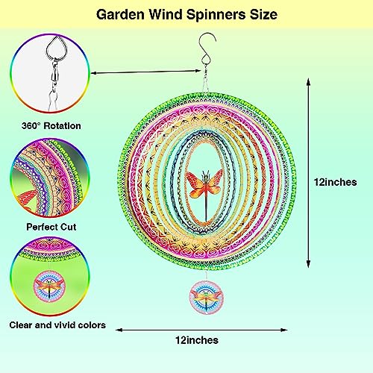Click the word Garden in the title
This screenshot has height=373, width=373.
coord(120,14)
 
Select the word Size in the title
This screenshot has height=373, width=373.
coord(263,14)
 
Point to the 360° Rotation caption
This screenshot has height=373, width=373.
coord(51,125)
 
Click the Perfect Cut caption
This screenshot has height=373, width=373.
coord(51,227)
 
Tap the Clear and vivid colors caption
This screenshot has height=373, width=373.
coord(57,325)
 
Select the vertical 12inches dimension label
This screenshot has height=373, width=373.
coord(335,182)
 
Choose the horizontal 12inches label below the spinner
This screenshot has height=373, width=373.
coord(197,340)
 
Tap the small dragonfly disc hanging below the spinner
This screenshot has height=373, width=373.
coord(207,298)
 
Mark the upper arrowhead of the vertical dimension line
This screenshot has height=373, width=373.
coord(308,82)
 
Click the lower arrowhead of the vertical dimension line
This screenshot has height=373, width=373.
coord(308,263)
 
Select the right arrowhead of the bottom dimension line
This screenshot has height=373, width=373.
coord(284,330)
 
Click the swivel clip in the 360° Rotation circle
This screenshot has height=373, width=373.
coord(54,73)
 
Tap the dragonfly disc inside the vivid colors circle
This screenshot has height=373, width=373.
coord(49,286)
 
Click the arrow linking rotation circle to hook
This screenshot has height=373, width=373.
coord(146,72)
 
